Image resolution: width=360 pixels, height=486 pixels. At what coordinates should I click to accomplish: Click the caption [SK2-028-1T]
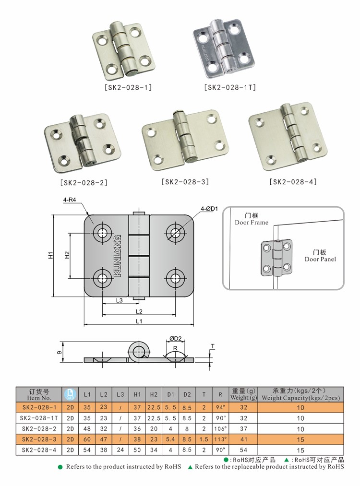pos(230,87)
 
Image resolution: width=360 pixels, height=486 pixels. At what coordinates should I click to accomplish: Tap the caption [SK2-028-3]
pos(185,182)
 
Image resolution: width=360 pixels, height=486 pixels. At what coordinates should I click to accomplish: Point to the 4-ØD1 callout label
pos(209,208)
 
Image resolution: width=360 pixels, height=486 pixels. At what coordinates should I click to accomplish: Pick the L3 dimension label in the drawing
pos(120,301)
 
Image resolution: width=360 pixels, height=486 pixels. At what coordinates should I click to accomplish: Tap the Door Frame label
pos(252,222)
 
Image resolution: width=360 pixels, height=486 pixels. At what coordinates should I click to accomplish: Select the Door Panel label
pos(320,259)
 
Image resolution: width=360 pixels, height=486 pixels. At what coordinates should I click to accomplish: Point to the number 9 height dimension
pos(59,353)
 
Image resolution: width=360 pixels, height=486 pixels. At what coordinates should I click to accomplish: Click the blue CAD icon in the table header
pos(70,394)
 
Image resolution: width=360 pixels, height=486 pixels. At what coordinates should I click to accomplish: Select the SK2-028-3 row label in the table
pos(39,439)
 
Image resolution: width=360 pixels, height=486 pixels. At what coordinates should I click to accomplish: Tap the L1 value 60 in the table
pos(87,439)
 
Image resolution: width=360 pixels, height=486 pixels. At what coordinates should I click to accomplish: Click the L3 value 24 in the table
pos(120,450)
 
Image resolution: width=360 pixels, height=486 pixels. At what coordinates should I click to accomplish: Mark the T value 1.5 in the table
pos(204,439)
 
